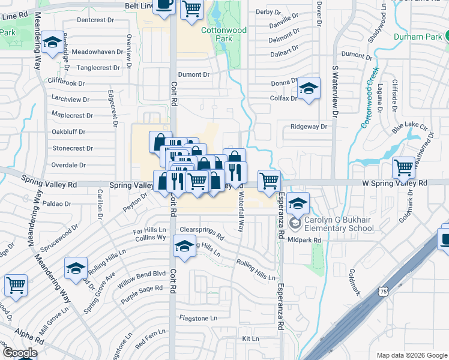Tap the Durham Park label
click(x=418, y=36)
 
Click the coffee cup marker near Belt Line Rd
click(x=163, y=5)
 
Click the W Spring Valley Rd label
click(x=394, y=182)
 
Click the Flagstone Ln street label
click(x=197, y=317)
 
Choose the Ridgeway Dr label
click(x=309, y=127)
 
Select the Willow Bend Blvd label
click(x=142, y=274)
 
